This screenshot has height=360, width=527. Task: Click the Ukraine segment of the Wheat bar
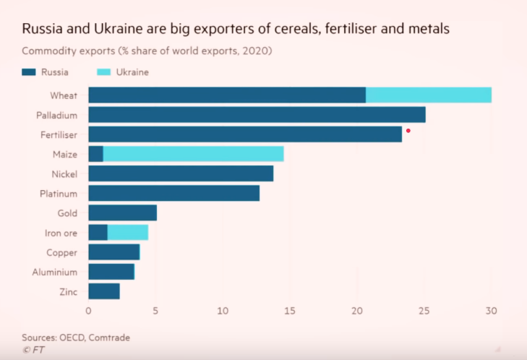point(429,95)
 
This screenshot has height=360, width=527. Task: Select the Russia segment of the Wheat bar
point(226,95)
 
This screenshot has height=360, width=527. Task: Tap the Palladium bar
point(257,114)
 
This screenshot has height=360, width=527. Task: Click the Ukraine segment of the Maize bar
point(194,154)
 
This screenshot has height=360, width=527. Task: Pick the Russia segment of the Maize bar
point(95,154)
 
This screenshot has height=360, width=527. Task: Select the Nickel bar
point(181,173)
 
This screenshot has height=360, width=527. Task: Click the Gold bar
point(122,213)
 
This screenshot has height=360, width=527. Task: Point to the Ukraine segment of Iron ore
point(128,232)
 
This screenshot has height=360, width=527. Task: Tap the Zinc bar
point(104,291)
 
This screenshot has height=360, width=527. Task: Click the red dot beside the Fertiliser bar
point(408,131)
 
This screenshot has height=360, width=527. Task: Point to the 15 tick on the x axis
point(290,312)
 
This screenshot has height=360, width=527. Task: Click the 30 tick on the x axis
point(491,312)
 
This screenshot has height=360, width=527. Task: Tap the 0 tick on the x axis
point(88,312)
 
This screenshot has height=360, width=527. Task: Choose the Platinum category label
point(59,193)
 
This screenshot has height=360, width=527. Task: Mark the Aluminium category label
point(56,272)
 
